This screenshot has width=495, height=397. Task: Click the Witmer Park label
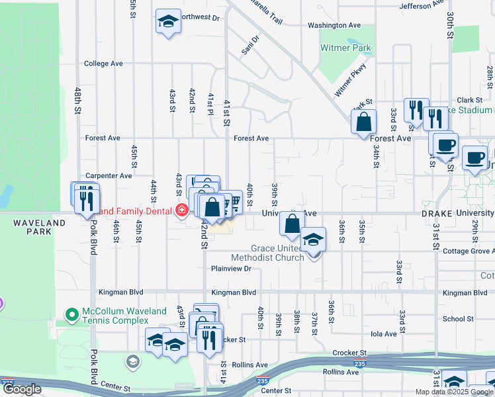pos(346,48)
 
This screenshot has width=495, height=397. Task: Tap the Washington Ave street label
pos(334,25)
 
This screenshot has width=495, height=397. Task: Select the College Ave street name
pos(104,64)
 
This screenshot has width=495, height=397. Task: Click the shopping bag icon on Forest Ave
pos(363,122)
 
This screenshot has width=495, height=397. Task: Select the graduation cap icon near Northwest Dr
pos(168,21)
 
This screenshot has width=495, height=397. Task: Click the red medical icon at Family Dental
pos(181,211)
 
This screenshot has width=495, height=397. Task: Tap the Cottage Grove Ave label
pos(467,251)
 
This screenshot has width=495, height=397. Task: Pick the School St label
pos(458,318)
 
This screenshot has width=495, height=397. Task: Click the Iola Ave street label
pos(383,334)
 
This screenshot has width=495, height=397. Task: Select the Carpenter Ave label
pos(108,176)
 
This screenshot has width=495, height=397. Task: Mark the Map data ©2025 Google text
pos(453,392)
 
